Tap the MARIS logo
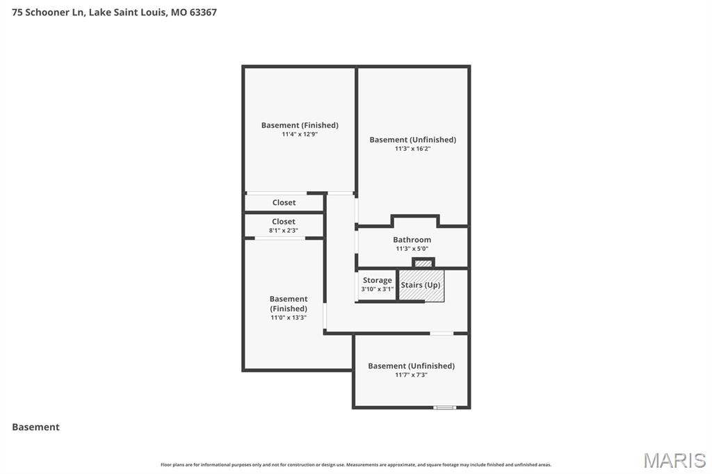coord(674,460)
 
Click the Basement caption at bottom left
coord(35,427)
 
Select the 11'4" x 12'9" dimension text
coord(300,134)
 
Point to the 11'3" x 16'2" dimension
coord(412,149)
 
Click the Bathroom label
coord(412,240)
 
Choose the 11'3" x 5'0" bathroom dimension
coord(412,249)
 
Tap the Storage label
coord(377,281)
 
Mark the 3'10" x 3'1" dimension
coord(377,289)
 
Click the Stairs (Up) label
coord(421,285)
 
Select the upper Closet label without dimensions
coord(284,203)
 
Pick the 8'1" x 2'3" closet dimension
coord(284,231)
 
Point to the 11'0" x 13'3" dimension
coord(289,318)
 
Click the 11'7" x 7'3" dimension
coord(411,375)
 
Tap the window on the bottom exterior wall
coord(444,407)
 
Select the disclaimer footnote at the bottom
coord(356,465)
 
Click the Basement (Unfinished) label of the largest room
coord(412,140)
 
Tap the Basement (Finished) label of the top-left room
coord(300,125)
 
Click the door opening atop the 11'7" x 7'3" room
coord(442,334)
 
